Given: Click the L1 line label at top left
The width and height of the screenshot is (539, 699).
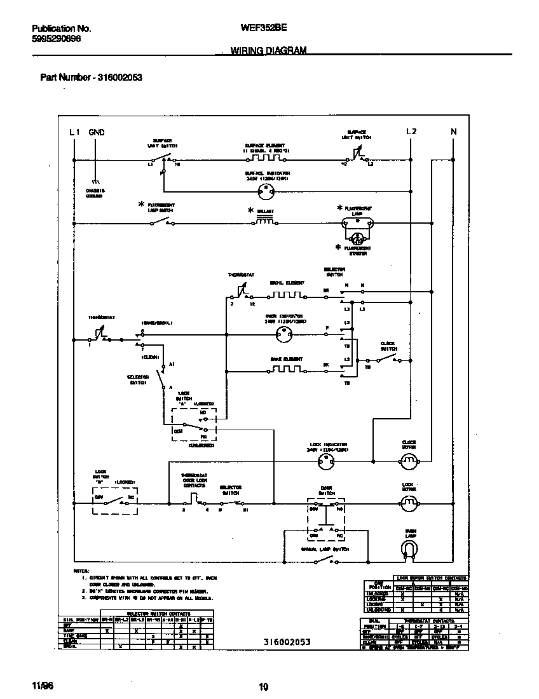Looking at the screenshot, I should [74, 132].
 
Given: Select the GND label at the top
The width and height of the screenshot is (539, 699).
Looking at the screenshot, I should [97, 132].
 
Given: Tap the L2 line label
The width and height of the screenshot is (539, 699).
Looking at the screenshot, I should [411, 132].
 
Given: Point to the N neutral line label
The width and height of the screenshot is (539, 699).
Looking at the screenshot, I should [454, 132].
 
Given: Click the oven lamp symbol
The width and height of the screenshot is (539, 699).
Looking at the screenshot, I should [411, 546].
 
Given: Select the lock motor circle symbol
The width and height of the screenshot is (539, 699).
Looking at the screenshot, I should [410, 505].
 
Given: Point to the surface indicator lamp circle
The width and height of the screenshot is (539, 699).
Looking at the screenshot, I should [266, 191].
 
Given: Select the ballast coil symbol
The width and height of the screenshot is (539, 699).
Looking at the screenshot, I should [266, 221].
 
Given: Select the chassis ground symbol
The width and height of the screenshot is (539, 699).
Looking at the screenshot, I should [97, 180].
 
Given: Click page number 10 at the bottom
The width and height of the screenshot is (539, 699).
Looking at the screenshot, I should [264, 686].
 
